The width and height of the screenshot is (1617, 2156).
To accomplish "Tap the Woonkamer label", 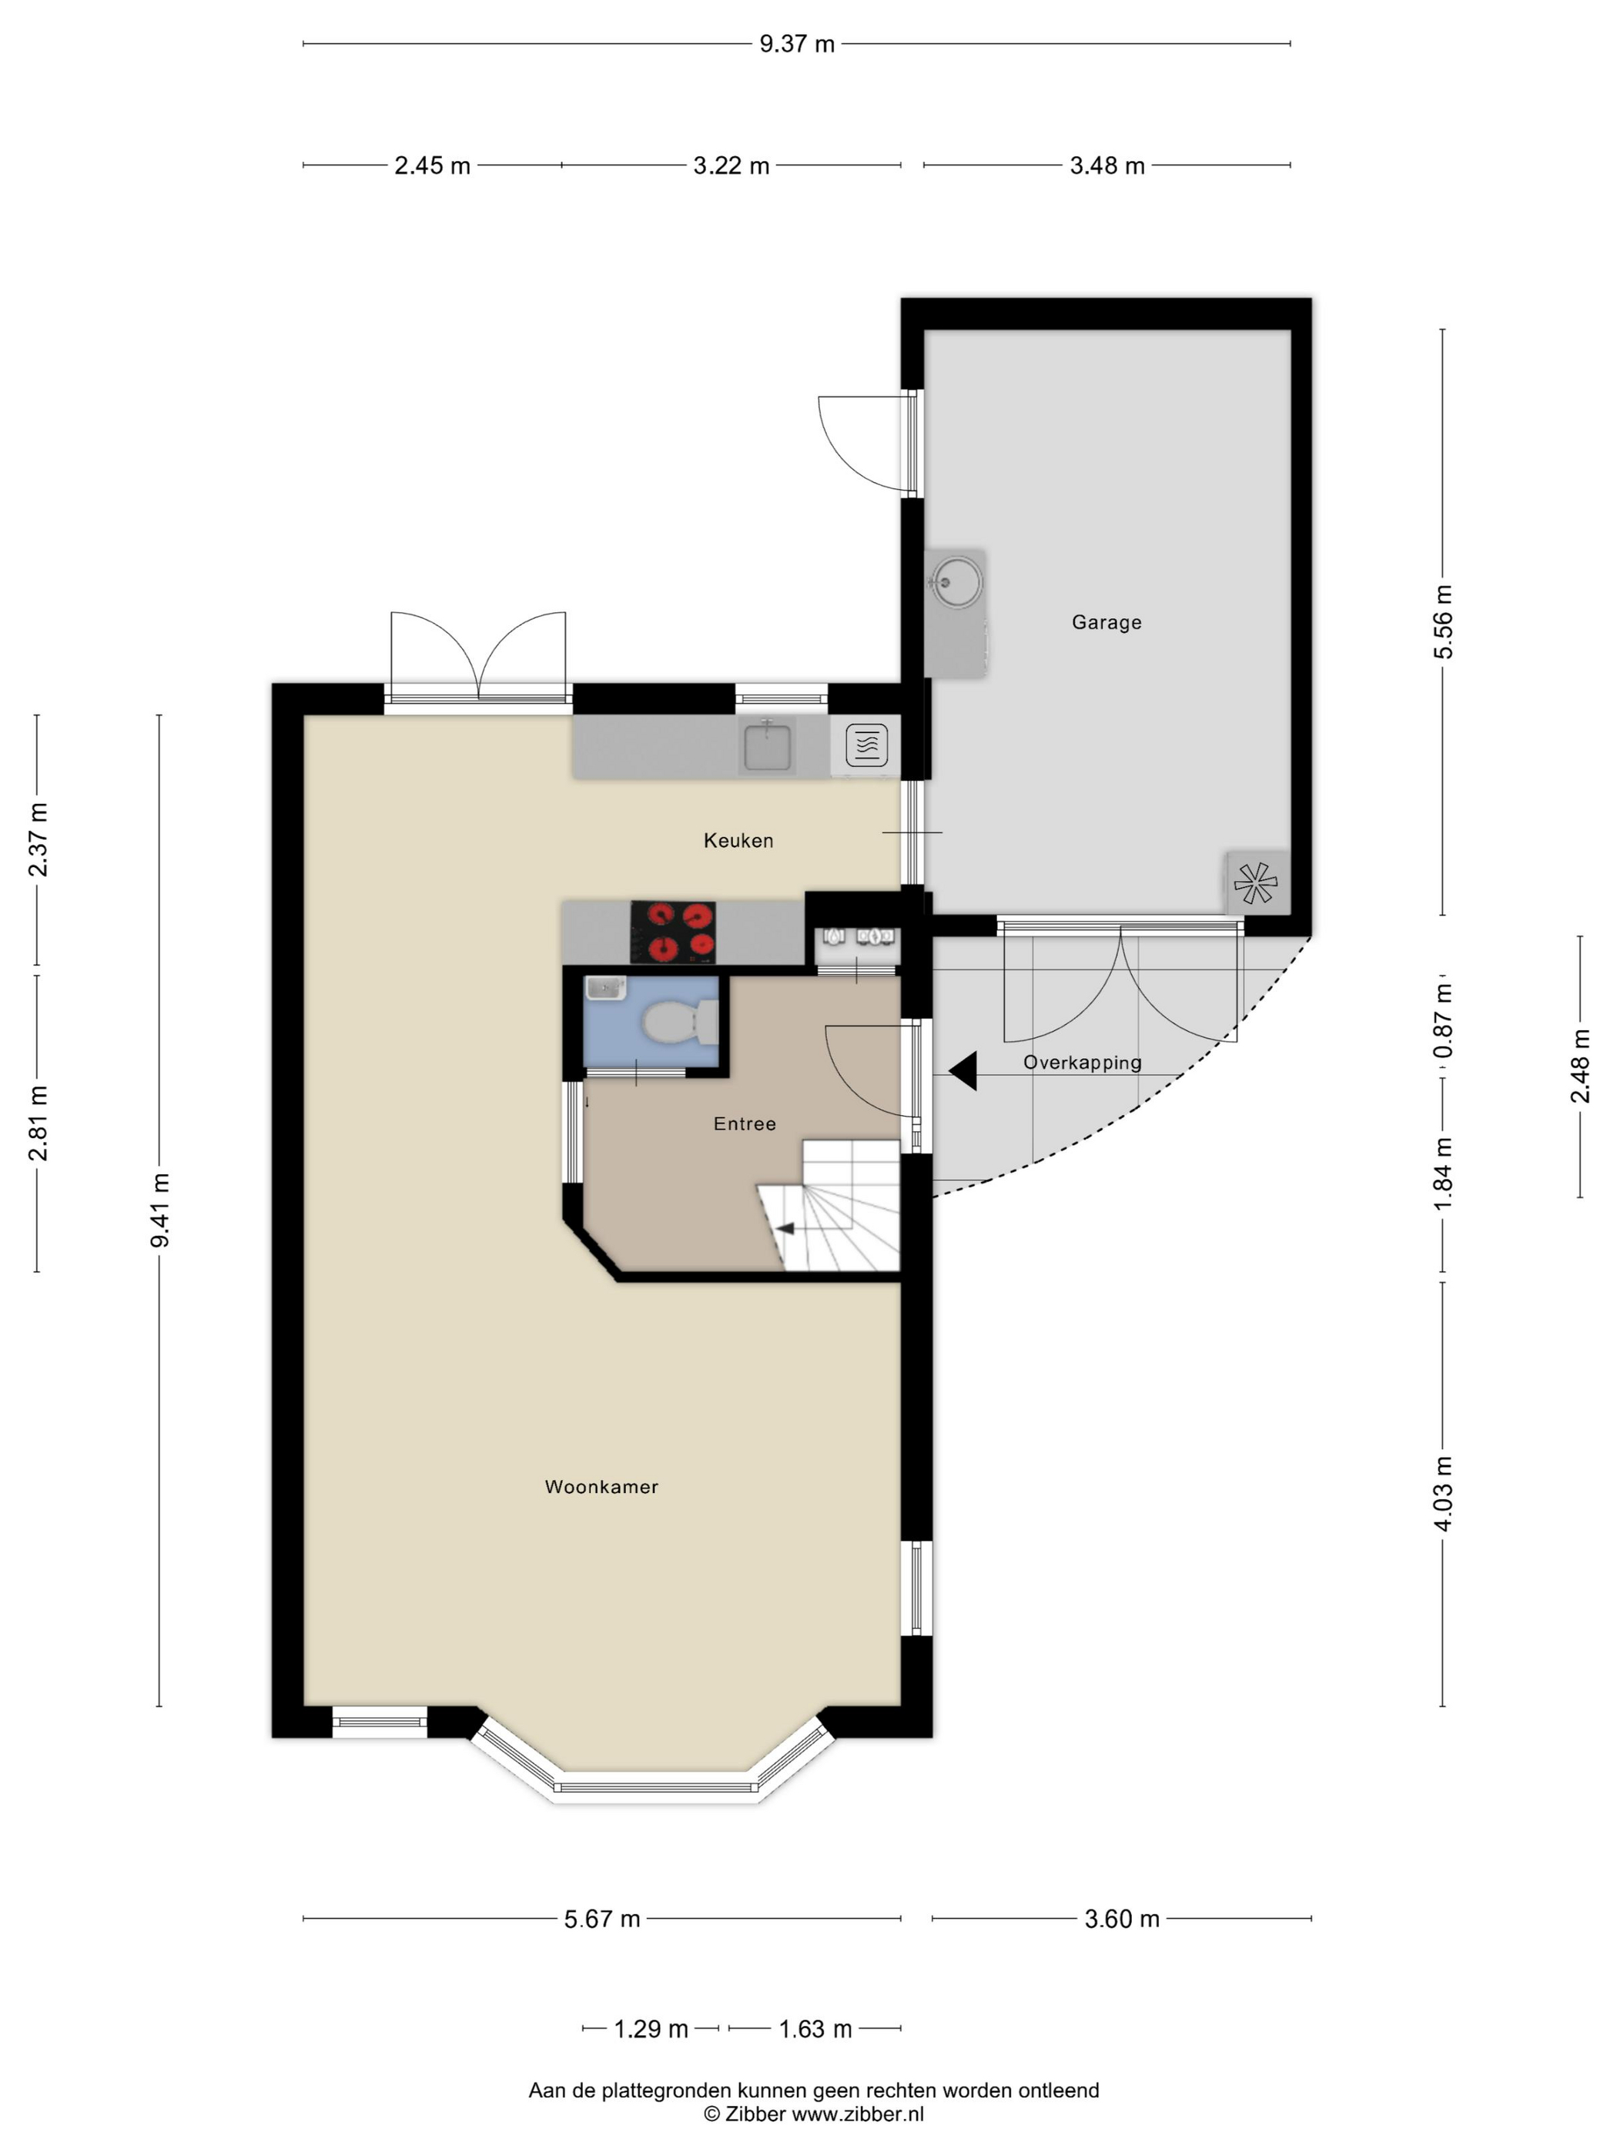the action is coord(601,1486).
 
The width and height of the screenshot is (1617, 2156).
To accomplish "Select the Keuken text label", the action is coord(738,840).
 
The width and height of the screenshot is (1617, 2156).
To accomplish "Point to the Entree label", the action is coord(745,1123).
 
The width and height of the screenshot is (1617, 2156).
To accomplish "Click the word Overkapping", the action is coord(1082,1063).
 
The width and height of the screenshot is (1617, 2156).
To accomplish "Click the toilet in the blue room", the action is coord(681,1023).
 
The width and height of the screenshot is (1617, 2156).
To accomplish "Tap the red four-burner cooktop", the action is coord(674,932).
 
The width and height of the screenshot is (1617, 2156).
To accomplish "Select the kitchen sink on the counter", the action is coord(768,745).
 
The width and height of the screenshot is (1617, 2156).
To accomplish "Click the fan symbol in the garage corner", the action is coord(1255,883).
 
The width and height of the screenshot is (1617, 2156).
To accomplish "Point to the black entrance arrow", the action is coord(963,1072).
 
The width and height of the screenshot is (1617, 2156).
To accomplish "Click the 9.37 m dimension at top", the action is coord(796,44).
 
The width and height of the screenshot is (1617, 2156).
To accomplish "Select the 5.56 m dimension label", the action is coord(1442,622).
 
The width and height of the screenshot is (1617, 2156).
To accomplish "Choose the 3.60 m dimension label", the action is coord(1122,1919).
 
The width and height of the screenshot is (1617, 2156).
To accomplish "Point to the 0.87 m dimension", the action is coord(1442,1020).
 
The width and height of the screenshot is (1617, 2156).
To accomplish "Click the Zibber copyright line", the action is coord(814,2114).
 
